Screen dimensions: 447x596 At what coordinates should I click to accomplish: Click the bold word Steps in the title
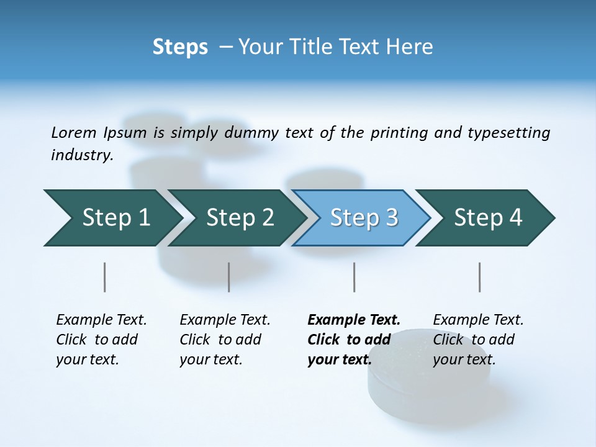(180, 47)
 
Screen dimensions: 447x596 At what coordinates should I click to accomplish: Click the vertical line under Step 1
(105, 277)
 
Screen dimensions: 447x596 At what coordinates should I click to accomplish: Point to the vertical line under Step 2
(229, 277)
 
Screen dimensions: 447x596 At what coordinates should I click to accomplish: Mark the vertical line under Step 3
(354, 277)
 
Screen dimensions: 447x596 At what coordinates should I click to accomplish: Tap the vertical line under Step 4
(480, 277)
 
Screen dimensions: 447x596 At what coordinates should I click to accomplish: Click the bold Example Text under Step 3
(354, 320)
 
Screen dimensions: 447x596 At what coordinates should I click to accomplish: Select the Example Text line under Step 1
(101, 320)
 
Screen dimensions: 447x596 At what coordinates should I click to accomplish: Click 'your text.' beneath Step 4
(464, 359)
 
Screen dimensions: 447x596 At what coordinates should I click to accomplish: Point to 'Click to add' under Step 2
(220, 340)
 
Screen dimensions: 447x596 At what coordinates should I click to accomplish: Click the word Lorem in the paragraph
(74, 133)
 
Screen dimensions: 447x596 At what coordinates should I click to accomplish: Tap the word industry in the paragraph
(82, 155)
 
